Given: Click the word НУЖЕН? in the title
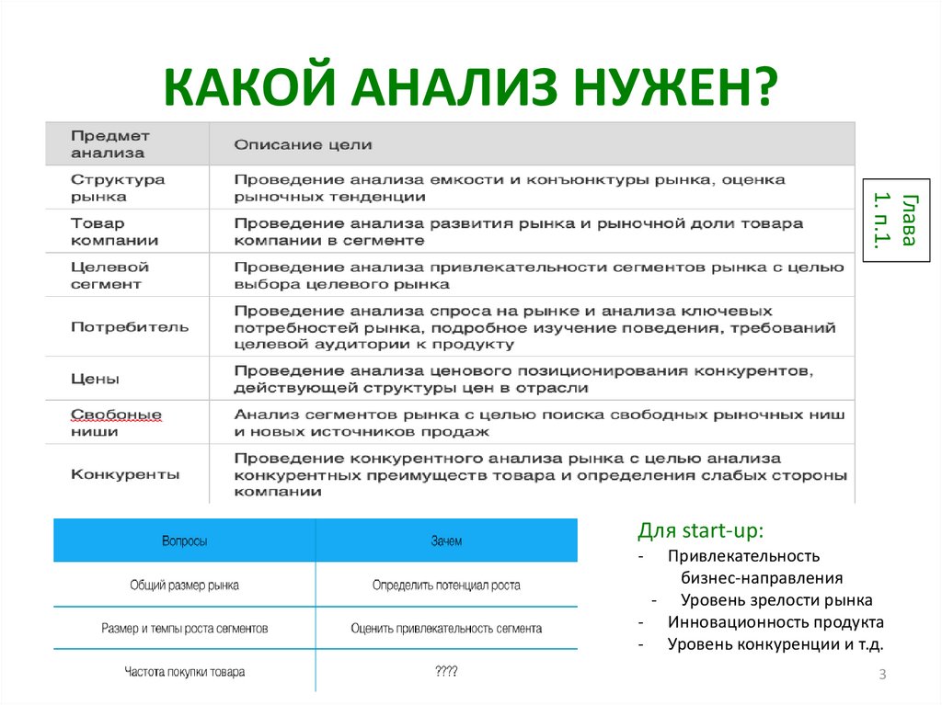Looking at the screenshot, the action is point(675,86).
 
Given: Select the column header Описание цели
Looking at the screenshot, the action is point(303,144).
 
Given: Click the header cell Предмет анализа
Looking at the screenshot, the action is point(110,144).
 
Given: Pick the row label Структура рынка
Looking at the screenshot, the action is point(118,188).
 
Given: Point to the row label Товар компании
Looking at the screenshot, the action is point(114,232).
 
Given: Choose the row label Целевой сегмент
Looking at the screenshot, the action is point(109,275).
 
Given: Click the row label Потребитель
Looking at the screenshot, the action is point(129,327).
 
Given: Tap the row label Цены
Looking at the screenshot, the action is point(95,379).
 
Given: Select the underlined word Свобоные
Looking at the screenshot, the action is point(116,415).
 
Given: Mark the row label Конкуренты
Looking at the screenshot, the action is point(125,474).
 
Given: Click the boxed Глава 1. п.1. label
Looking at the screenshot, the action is point(896,221).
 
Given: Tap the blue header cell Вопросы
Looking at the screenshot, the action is point(184,541).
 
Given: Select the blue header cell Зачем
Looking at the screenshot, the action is point(446,541).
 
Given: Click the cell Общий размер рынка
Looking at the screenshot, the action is point(184,585).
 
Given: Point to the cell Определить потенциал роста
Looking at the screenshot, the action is point(446,585).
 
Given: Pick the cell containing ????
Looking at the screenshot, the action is point(446,671).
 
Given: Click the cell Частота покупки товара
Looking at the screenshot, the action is point(184,671).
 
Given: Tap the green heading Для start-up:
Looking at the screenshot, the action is point(700,530).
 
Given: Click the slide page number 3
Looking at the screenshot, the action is point(882,674).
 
